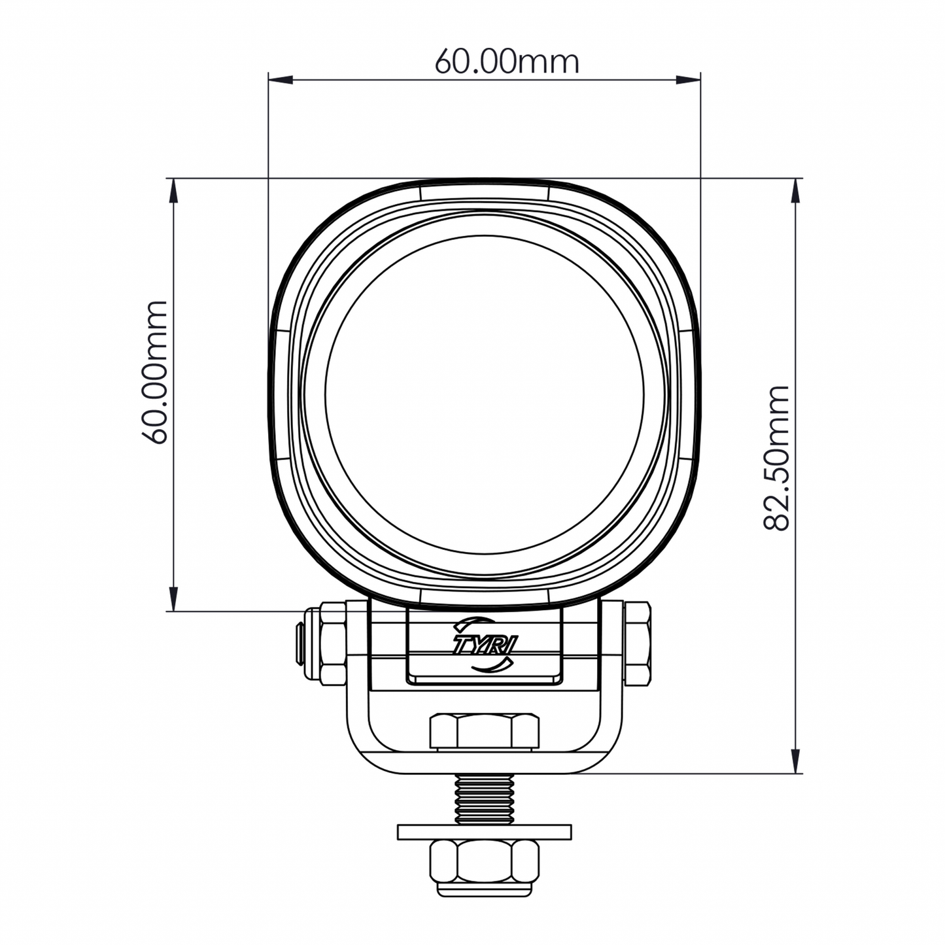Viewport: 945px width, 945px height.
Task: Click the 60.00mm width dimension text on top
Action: coord(507,62)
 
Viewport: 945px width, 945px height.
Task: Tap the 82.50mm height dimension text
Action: coord(776,458)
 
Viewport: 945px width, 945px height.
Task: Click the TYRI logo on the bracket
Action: coord(484,644)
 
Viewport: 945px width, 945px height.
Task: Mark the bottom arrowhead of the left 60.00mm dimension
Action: coord(173,598)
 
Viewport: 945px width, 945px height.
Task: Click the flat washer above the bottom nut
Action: coord(484,832)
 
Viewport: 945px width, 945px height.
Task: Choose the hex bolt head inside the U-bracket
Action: coord(484,732)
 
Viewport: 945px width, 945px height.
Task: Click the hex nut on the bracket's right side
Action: coord(637,644)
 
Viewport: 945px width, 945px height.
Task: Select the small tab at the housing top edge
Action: coord(484,192)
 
